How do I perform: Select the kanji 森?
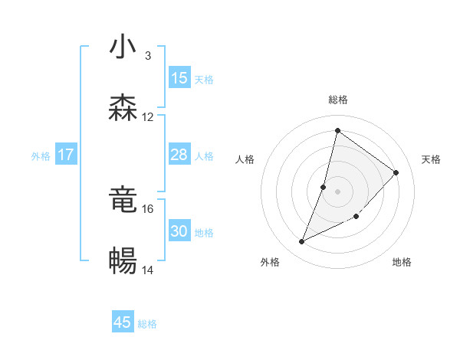tap(123, 108)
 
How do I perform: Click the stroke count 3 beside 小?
tap(148, 56)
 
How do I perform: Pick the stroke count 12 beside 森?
tap(148, 117)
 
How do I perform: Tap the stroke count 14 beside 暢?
tap(148, 270)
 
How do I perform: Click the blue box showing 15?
tap(179, 78)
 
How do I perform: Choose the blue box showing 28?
tap(179, 155)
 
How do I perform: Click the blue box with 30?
tap(179, 231)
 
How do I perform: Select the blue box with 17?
tap(66, 155)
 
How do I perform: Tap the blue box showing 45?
tap(123, 322)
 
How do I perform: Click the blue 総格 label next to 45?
tap(147, 324)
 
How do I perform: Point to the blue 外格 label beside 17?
tap(41, 155)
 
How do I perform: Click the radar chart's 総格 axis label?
tap(337, 100)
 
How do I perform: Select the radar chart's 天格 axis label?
tap(432, 159)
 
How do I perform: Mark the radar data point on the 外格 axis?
tap(302, 242)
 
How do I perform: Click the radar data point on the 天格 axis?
tap(396, 172)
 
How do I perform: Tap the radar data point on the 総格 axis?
tap(337, 130)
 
